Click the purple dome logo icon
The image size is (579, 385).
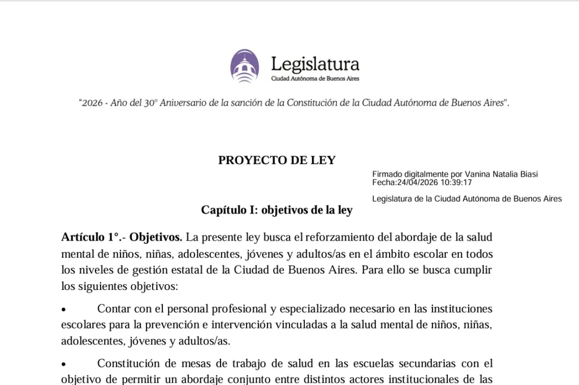tap(244, 66)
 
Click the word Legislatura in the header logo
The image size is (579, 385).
tap(315, 63)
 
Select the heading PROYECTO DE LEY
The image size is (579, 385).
tap(276, 160)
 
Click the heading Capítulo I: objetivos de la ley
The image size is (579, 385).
tap(276, 210)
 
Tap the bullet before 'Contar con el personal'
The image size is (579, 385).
tap(64, 310)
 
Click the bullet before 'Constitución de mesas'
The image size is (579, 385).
tap(64, 364)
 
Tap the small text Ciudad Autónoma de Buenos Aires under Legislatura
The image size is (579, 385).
tap(315, 79)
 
